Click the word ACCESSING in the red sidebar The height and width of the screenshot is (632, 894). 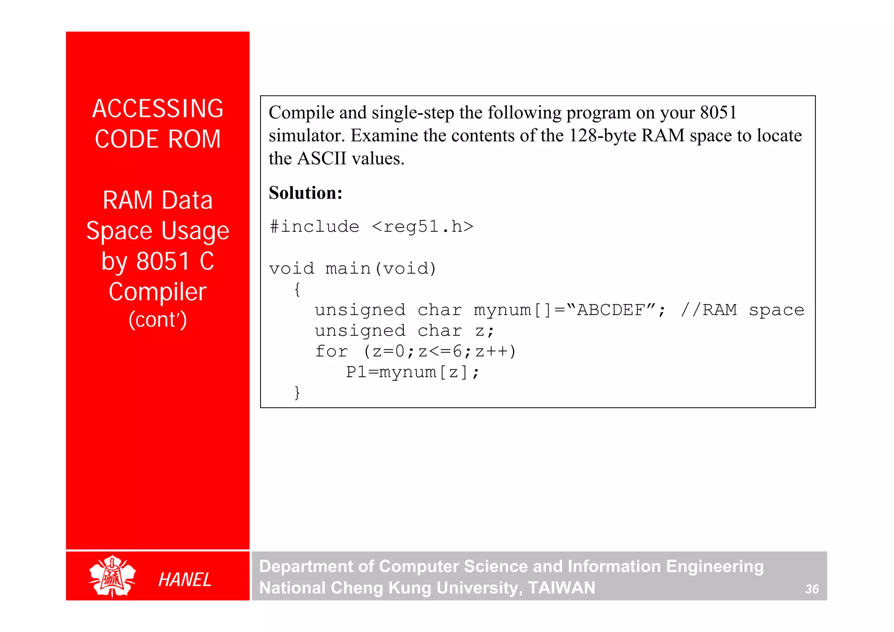point(158,109)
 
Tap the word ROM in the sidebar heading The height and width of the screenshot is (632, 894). point(194,140)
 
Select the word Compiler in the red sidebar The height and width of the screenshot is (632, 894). point(158,292)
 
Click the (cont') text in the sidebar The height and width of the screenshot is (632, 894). point(158,319)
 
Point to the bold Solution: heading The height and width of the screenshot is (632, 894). point(306,193)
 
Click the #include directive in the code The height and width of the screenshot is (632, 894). point(314,227)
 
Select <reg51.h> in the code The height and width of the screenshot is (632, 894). point(423,227)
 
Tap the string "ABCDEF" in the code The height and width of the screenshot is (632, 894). point(611,310)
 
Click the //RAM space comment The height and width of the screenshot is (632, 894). point(742,310)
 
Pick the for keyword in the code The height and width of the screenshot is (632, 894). point(332,351)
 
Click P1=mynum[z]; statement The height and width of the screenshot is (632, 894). point(413,372)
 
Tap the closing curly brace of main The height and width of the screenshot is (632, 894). point(297,392)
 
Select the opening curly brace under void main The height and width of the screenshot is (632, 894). point(297,289)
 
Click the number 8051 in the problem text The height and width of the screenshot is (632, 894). point(718,113)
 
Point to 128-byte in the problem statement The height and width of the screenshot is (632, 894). point(602,136)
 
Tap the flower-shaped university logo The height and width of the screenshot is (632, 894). point(112,576)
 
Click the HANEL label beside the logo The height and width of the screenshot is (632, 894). point(185,580)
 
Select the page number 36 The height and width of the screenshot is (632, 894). point(812,589)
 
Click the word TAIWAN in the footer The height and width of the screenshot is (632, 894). point(561,588)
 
